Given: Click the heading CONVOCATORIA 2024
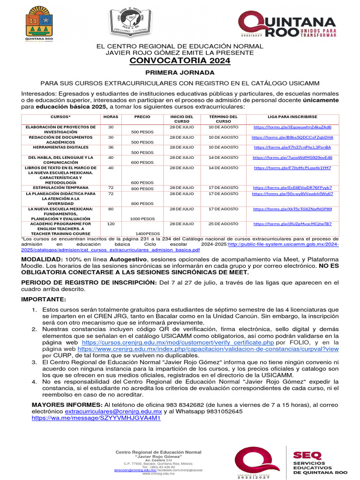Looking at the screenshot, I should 180,61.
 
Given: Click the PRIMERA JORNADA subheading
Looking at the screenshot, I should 180,73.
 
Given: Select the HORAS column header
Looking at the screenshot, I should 111,116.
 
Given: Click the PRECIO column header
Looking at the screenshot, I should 142,116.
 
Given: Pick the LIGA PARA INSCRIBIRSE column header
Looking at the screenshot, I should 292,116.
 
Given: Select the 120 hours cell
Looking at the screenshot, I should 111,224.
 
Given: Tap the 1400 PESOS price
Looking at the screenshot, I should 147,233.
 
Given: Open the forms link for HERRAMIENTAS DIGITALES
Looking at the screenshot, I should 292,147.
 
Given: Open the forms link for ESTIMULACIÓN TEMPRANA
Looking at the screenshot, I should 292,187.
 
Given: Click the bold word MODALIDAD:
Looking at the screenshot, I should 43,259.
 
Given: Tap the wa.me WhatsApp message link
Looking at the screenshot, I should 96,417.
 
